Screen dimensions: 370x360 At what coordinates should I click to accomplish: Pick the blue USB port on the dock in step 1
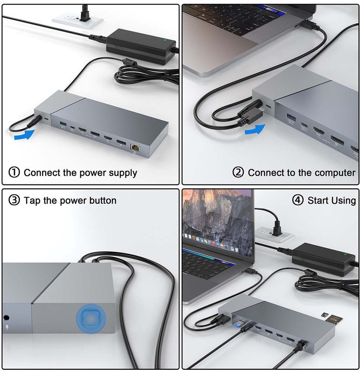pos(63,124)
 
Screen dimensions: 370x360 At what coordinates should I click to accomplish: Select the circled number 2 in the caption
pos(238,172)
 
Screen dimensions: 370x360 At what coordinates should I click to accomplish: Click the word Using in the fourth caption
pos(344,201)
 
